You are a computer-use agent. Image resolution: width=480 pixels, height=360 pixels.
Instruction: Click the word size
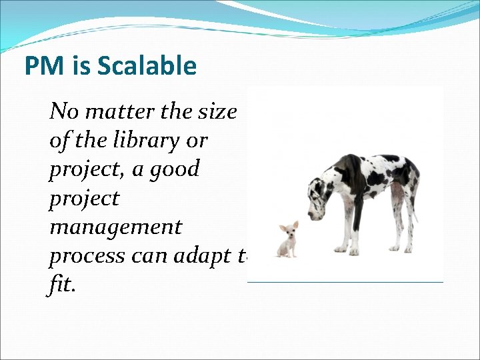[217, 111]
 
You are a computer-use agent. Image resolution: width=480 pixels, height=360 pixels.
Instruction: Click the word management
[115, 227]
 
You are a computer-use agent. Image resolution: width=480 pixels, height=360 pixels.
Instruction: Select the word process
[86, 257]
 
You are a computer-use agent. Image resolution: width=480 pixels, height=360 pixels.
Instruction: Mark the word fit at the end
[61, 285]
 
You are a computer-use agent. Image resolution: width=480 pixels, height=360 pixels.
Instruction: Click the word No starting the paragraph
[64, 111]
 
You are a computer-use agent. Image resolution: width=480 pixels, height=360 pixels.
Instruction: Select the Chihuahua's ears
[287, 226]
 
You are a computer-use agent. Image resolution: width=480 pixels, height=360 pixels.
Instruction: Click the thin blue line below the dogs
[345, 282]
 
